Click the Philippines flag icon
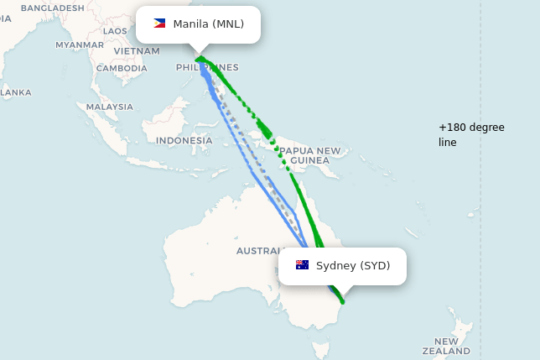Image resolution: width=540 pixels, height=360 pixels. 159,23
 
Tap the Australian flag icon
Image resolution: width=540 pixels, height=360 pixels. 302,265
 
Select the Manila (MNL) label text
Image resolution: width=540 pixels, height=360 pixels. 208,23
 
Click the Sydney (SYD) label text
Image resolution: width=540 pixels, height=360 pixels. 353,265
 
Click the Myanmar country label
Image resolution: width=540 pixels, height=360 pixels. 80,44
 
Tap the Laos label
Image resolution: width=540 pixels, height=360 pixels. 115,31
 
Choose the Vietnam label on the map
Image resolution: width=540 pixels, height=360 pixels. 137,50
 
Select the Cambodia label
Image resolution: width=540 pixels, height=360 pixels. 122,69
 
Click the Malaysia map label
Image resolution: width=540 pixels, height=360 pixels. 110,107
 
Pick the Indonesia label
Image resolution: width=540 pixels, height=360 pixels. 184,140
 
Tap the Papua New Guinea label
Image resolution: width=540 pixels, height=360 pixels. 310,155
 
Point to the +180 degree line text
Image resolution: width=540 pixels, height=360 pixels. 471,134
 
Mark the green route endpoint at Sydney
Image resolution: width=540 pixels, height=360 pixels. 342,301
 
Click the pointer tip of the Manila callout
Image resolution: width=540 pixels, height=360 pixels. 198,51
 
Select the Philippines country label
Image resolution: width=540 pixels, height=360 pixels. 207,68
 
